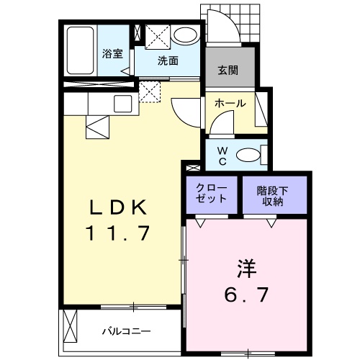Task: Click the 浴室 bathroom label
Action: pyautogui.click(x=112, y=53)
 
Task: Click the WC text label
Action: pyautogui.click(x=222, y=155)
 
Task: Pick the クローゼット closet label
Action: pyautogui.click(x=211, y=194)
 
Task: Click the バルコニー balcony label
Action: pyautogui.click(x=125, y=332)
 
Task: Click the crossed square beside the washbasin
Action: pyautogui.click(x=156, y=35)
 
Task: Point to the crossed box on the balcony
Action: pyautogui.click(x=71, y=326)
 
